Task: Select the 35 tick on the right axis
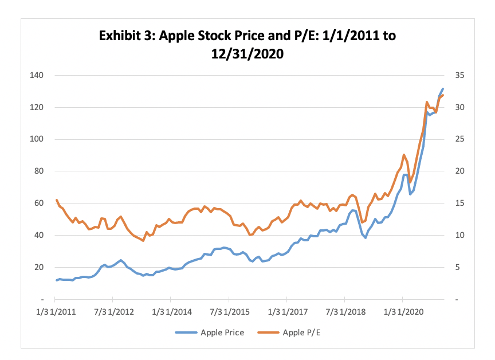click(x=453, y=75)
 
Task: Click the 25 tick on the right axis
click(x=453, y=139)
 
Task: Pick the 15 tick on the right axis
click(x=453, y=204)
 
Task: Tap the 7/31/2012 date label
click(x=112, y=314)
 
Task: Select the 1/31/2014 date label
click(x=170, y=314)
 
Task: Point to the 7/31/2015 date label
click(x=229, y=314)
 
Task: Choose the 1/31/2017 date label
click(x=286, y=314)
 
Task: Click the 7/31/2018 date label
click(x=344, y=314)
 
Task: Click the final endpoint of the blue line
click(x=443, y=89)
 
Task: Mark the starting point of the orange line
click(x=56, y=200)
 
